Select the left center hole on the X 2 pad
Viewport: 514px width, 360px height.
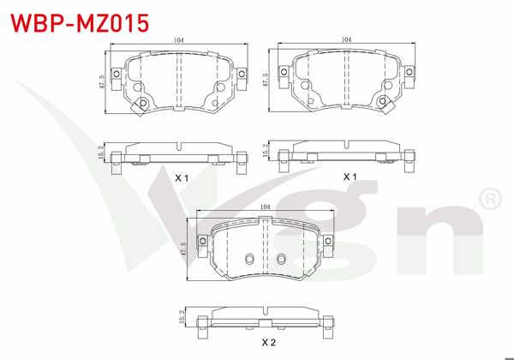click(x=248, y=261)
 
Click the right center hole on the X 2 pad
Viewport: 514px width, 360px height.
click(x=280, y=261)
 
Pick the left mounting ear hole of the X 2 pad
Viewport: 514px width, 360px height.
click(x=206, y=245)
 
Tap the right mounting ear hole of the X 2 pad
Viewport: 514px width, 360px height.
click(x=324, y=245)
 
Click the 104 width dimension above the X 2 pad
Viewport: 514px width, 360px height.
click(x=265, y=207)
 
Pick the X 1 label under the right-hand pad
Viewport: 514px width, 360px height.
click(x=350, y=176)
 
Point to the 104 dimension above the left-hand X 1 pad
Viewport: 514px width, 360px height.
click(x=178, y=40)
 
